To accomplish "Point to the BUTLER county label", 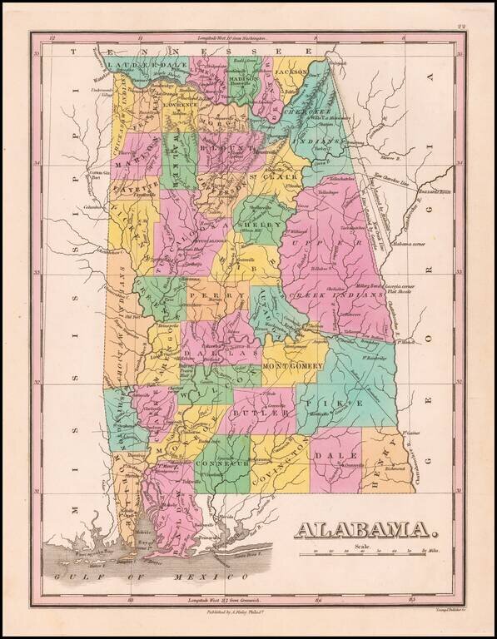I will tap(253, 412).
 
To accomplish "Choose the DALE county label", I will tap(347, 456).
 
